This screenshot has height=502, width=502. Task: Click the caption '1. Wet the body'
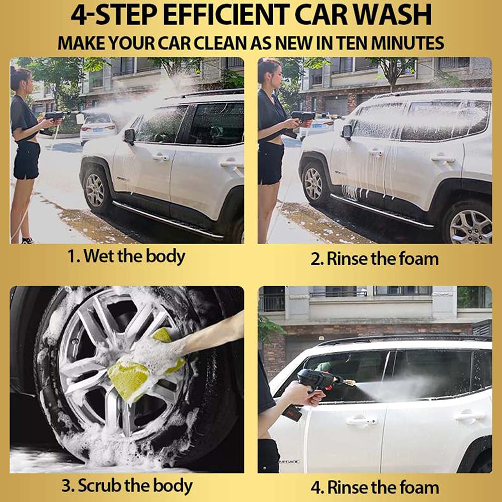(x=126, y=256)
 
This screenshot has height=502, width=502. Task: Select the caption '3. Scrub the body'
(x=127, y=485)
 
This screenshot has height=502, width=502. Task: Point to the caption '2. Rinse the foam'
(x=374, y=259)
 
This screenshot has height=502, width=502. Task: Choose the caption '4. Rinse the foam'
(x=375, y=487)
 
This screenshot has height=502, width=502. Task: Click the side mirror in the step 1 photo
(x=130, y=136)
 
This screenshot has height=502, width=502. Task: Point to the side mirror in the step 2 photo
(x=348, y=131)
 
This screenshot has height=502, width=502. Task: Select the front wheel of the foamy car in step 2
(x=313, y=183)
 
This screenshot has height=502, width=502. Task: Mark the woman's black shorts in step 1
(x=27, y=160)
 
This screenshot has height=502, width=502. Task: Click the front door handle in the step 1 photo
(x=160, y=157)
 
